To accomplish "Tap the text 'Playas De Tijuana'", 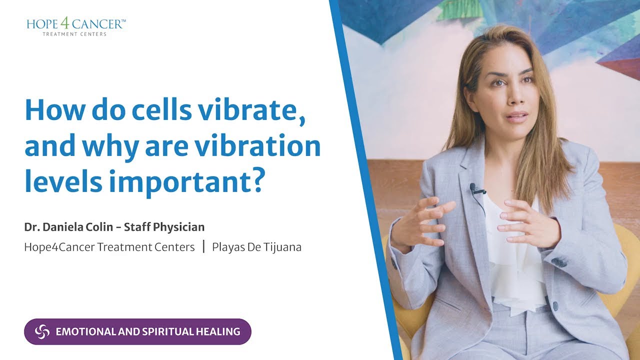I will [256, 246].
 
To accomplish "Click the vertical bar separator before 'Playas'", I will [204, 246].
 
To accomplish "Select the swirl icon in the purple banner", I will [42, 331].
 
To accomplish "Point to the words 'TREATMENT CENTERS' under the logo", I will [74, 34].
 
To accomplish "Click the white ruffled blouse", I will [515, 265].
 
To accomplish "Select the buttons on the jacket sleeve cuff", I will [560, 261].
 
